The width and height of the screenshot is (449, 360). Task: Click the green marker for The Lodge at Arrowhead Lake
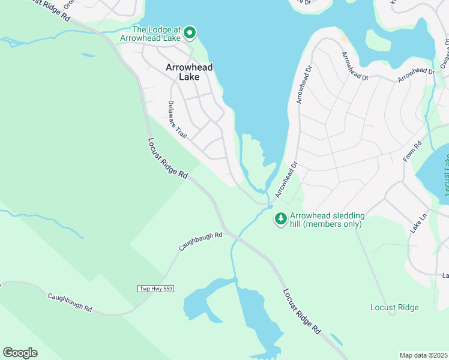click(190, 32)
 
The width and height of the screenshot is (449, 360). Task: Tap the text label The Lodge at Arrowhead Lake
click(155, 34)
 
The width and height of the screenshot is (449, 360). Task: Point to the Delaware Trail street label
click(178, 119)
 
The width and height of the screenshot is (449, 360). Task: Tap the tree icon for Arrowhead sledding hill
click(280, 219)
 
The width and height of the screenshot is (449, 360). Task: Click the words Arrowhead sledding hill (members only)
click(325, 220)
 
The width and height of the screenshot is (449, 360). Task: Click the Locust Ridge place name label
click(394, 307)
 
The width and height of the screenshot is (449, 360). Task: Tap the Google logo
click(20, 352)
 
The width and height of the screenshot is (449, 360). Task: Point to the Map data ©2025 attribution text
click(423, 355)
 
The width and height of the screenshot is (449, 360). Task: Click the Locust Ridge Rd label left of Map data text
click(301, 311)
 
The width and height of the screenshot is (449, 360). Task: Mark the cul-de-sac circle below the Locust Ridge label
click(392, 313)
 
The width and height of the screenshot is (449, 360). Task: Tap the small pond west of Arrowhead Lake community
click(87, 55)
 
